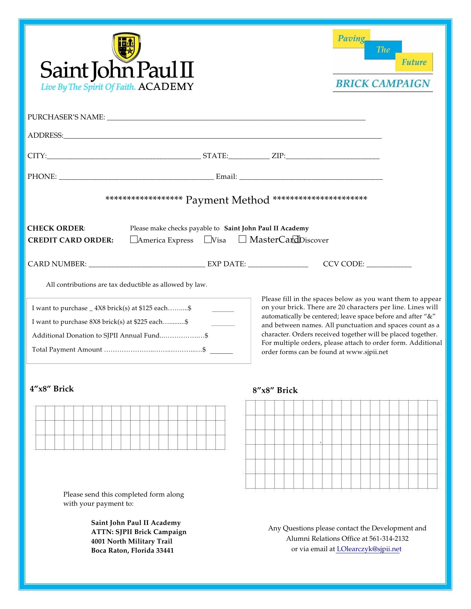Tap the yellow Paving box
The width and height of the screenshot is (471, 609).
[x=351, y=39]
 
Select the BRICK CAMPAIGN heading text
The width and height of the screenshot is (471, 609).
[x=383, y=83]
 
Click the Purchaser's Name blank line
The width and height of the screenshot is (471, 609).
[x=236, y=118]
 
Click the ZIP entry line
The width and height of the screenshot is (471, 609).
[x=332, y=157]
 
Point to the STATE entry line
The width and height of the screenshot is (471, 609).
[x=249, y=157]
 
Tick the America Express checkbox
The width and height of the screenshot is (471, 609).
[x=134, y=239]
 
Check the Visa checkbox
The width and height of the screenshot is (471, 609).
[x=208, y=239]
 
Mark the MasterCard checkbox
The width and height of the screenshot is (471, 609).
[x=242, y=239]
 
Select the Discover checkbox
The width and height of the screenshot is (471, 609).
[x=296, y=239]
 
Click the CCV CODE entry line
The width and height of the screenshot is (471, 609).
[x=389, y=265]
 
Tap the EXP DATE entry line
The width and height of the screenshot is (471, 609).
[x=278, y=265]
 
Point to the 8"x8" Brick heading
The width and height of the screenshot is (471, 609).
[x=275, y=390]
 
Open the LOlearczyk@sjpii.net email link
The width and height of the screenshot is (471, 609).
[x=369, y=549]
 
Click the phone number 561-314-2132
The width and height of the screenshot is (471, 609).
[x=389, y=538]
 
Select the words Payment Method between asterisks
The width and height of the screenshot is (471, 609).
[x=227, y=200]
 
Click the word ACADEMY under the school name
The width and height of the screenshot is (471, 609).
[x=166, y=87]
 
